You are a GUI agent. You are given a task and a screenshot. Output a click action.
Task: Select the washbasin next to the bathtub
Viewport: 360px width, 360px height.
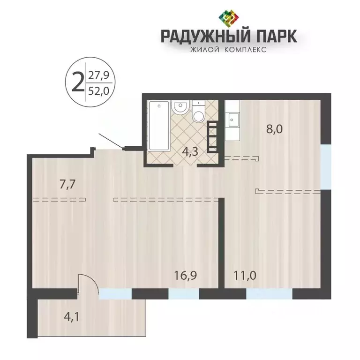click(180, 108)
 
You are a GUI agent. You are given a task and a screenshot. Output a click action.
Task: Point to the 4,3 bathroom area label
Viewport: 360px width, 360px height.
click(188, 151)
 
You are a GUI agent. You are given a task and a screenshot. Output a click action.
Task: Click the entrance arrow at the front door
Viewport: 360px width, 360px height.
click(110, 141)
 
